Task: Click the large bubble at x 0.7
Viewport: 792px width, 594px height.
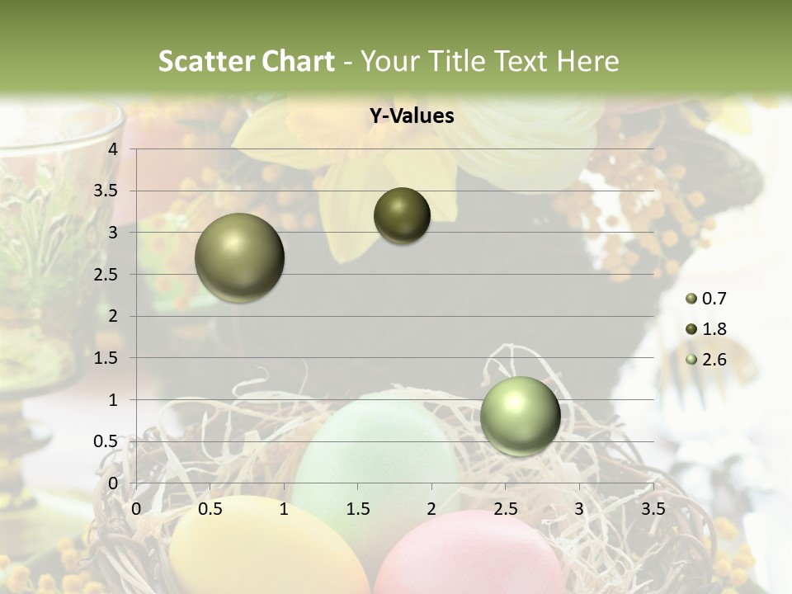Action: pyautogui.click(x=240, y=257)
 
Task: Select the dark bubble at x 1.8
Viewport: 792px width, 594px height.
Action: pyautogui.click(x=402, y=215)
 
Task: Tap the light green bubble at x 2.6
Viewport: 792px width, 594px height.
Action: pyautogui.click(x=520, y=416)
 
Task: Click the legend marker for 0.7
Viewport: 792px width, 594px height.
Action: pyautogui.click(x=691, y=299)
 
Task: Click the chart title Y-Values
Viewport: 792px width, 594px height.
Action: pyautogui.click(x=411, y=116)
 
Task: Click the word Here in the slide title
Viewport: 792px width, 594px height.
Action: pyautogui.click(x=587, y=61)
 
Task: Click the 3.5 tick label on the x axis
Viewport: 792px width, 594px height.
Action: pyautogui.click(x=653, y=509)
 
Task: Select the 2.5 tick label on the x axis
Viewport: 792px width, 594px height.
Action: pyautogui.click(x=505, y=509)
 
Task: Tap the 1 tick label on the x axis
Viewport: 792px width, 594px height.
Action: pyautogui.click(x=284, y=509)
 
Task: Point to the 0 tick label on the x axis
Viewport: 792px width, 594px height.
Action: pyautogui.click(x=136, y=509)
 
